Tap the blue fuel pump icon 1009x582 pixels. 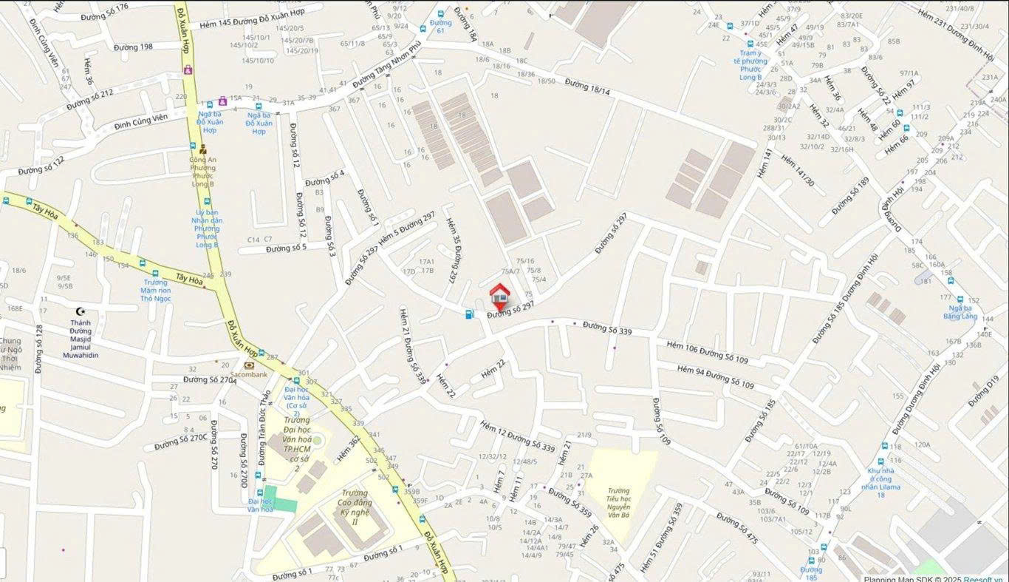[469, 314]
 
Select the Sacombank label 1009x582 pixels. [248, 374]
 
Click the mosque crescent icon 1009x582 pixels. [81, 311]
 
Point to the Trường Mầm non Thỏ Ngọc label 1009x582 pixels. [156, 290]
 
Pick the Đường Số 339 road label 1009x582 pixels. [607, 328]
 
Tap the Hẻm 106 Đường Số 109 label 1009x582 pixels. [707, 352]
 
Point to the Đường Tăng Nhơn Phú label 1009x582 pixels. [386, 66]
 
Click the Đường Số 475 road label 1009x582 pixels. [736, 528]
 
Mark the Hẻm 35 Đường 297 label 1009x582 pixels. [451, 250]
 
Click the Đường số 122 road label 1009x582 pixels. [41, 165]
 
